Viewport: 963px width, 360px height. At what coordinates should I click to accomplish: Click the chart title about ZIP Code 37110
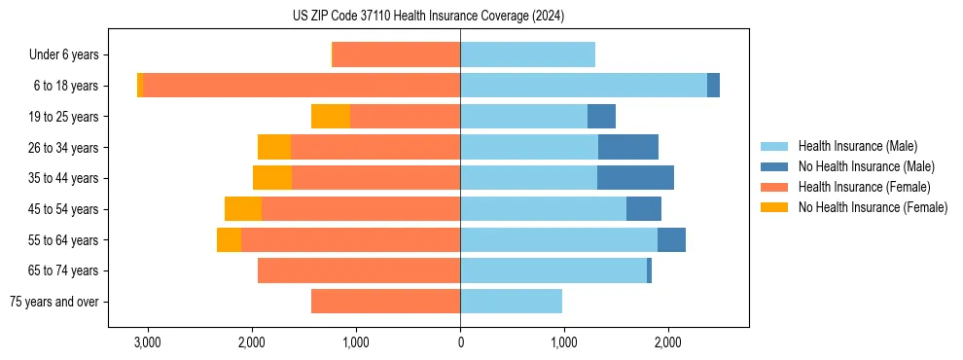428,16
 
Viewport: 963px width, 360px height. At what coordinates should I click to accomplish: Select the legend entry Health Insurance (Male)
857,146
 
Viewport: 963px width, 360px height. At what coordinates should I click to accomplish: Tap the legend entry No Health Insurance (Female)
873,207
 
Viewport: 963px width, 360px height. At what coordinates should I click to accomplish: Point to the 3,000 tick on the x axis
148,343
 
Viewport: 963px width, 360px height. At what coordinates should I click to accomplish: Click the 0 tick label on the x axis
460,343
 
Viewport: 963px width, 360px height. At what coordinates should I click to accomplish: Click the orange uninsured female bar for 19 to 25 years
331,117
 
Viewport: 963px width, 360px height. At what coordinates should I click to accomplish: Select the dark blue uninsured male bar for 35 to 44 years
635,178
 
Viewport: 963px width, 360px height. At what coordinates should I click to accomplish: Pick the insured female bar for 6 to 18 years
302,86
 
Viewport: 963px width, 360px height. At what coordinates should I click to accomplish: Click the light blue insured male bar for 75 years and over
511,302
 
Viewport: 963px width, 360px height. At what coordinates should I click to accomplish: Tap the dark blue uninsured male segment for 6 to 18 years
713,86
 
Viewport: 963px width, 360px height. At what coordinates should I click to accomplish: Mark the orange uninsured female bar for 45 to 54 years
243,209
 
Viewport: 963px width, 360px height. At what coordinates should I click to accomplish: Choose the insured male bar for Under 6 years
527,55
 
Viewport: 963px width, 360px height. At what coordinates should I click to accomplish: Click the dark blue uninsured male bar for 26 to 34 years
628,147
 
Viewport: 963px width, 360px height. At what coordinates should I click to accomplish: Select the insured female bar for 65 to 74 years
359,270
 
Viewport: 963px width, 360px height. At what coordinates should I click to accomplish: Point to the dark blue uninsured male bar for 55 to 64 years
671,240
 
